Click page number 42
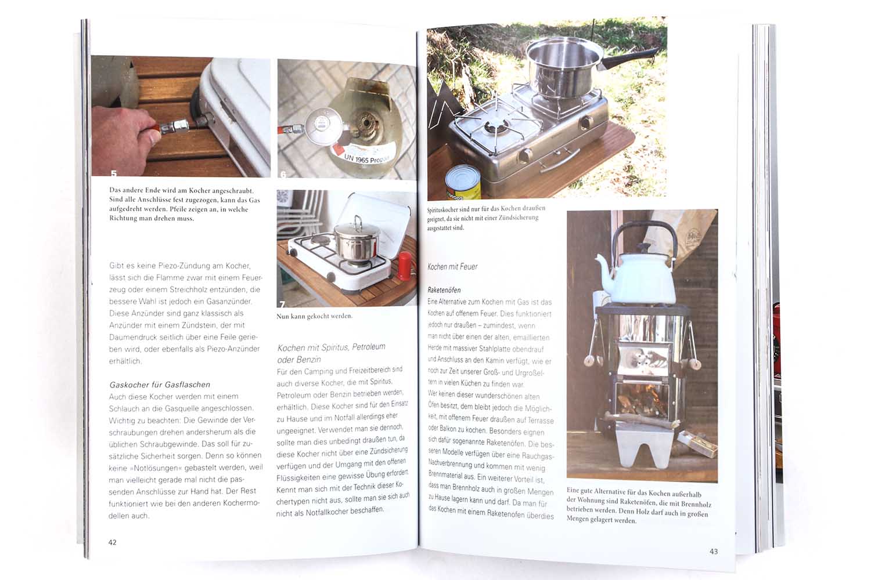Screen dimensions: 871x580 (x=113, y=542)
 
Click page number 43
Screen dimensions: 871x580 (x=714, y=551)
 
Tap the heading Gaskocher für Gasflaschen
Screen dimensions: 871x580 (x=160, y=385)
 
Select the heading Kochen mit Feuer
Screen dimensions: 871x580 (x=452, y=266)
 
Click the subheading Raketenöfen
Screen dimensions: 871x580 (x=444, y=290)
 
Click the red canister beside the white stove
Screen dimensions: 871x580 (x=405, y=266)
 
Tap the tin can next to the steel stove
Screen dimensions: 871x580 (x=463, y=182)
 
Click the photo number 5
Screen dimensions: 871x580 (x=114, y=173)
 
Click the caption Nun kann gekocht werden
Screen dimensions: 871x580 (x=315, y=316)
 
